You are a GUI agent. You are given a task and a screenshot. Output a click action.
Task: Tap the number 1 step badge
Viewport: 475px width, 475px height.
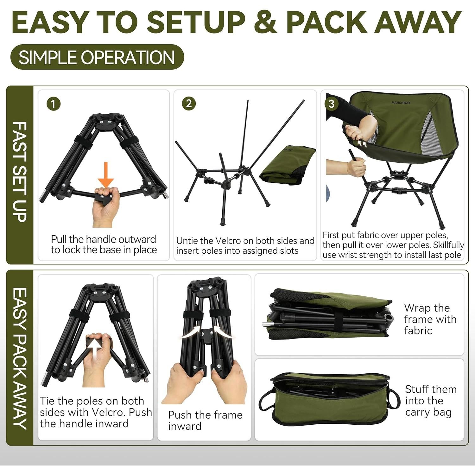click(x=53, y=104)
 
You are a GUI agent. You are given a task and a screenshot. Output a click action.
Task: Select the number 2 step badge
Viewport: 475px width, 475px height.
click(x=189, y=104)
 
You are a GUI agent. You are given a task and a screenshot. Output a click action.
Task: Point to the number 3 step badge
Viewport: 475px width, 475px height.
click(x=331, y=104)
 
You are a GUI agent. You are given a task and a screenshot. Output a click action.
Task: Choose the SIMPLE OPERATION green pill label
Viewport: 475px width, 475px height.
click(x=97, y=57)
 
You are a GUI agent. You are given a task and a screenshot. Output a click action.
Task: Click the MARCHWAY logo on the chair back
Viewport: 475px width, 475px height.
click(x=401, y=103)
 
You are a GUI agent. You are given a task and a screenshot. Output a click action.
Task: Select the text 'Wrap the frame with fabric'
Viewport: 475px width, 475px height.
click(x=430, y=319)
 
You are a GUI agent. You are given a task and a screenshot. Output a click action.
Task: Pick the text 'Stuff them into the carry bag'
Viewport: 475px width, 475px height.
click(x=430, y=401)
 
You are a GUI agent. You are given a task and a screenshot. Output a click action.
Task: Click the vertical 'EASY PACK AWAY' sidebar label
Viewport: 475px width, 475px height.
click(x=20, y=358)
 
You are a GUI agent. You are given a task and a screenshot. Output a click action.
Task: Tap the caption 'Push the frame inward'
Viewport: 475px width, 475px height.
click(x=205, y=420)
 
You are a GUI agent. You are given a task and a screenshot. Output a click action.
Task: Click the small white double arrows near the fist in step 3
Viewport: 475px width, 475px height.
click(x=362, y=144)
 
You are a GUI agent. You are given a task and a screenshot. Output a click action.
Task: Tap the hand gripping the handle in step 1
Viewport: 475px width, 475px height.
click(x=105, y=206)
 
